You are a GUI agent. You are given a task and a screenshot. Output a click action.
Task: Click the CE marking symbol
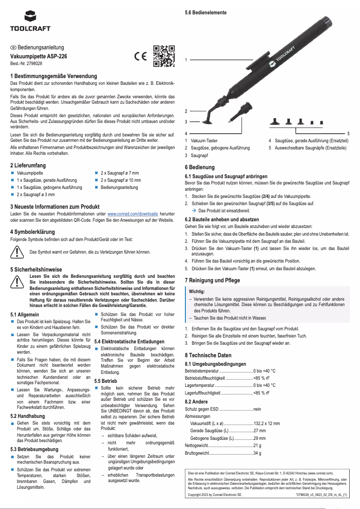[x=140, y=57]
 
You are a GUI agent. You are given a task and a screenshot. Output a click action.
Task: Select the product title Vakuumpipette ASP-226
[x=39, y=57]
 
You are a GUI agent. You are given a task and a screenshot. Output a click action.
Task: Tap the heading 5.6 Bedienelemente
[x=206, y=13]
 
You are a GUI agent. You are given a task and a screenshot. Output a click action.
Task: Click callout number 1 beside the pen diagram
[x=186, y=60]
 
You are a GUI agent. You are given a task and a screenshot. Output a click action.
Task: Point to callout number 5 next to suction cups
[x=348, y=134]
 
